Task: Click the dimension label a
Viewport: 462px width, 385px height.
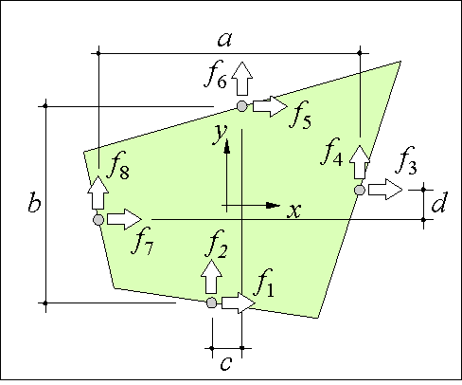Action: click(224, 40)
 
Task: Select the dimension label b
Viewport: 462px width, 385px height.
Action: click(34, 201)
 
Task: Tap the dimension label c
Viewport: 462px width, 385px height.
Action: click(226, 363)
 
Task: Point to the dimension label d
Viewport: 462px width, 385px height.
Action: click(439, 202)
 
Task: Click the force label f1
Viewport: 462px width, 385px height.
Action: click(264, 283)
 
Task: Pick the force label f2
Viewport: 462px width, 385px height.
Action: click(217, 244)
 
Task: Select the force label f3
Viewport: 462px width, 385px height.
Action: click(406, 160)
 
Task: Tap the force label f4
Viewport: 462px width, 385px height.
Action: click(332, 152)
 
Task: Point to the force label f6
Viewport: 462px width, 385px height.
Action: click(216, 74)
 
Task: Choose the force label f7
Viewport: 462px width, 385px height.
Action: click(143, 241)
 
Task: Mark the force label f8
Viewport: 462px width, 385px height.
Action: click(118, 165)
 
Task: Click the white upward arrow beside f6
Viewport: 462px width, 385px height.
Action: click(242, 79)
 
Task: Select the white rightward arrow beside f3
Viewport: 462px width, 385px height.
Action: click(385, 190)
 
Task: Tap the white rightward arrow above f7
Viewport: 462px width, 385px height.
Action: click(125, 219)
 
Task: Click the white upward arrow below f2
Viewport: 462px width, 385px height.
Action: click(211, 277)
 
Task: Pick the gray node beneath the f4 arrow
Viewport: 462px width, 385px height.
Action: click(360, 191)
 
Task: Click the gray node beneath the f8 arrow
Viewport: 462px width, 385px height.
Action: click(98, 220)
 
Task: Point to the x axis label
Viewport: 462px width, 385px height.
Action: click(294, 211)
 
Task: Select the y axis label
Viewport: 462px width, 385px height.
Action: click(220, 135)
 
